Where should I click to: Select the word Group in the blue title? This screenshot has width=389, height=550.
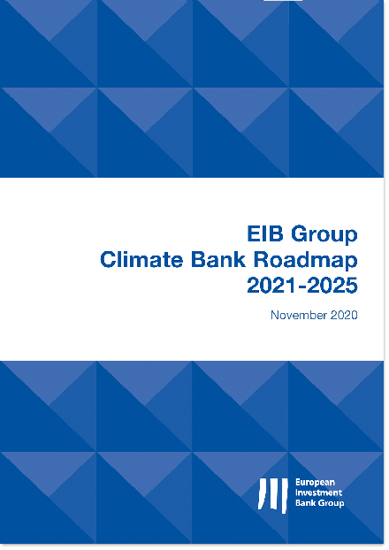point(324,235)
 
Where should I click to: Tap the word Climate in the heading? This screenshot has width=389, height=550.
point(141,260)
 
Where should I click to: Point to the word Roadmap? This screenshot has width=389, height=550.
point(306,262)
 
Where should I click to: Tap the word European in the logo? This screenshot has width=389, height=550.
point(315,483)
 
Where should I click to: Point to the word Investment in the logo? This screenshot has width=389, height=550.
point(318,493)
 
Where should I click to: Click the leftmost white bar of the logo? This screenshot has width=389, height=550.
point(262,493)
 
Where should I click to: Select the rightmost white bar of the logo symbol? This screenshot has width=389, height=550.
point(284,496)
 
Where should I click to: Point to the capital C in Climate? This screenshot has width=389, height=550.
point(109,260)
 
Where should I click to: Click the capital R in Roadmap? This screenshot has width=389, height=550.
point(262,260)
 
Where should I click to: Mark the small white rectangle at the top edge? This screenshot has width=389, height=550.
point(283,0)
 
